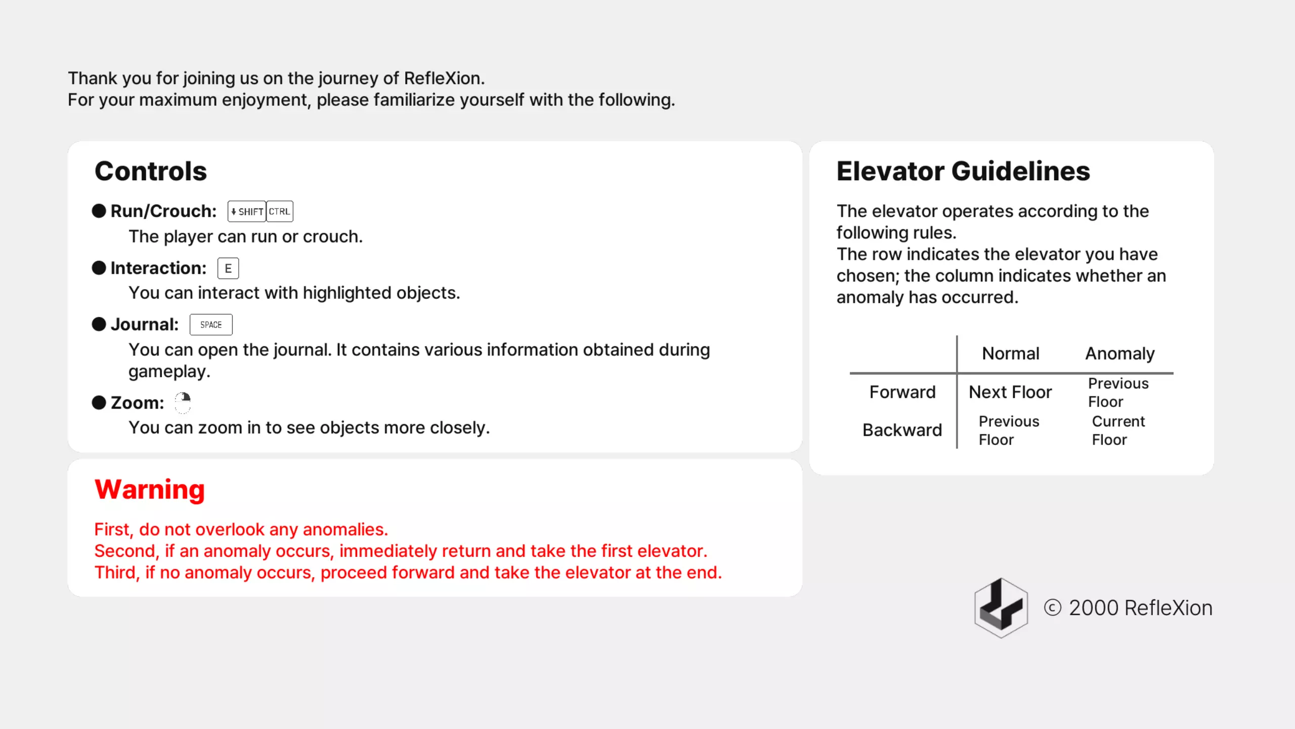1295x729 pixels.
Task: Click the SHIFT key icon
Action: [x=247, y=212]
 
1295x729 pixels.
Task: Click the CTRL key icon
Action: [x=280, y=212]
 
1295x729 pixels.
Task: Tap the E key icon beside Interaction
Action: [x=228, y=268]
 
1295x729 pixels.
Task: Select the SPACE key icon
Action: [x=211, y=325]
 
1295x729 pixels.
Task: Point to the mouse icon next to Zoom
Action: [x=183, y=403]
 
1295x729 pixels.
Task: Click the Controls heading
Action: [x=151, y=171]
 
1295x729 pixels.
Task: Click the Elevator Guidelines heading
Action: [x=963, y=171]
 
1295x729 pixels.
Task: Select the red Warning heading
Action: [x=150, y=490]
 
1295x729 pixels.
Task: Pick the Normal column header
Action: [x=1011, y=353]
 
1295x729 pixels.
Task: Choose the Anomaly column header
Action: [x=1120, y=353]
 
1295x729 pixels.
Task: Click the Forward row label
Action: [x=902, y=392]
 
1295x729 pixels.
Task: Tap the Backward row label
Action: [x=902, y=430]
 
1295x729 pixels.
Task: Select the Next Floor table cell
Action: [x=1010, y=392]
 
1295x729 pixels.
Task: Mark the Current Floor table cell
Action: [x=1118, y=430]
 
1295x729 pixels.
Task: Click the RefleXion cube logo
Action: [x=1001, y=607]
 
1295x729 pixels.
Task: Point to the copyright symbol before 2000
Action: [x=1053, y=607]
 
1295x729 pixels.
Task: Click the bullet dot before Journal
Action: [x=99, y=324]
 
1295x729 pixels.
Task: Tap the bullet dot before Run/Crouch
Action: [x=99, y=211]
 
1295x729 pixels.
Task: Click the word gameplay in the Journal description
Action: [x=168, y=372]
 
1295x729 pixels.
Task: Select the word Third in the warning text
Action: [x=116, y=573]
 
